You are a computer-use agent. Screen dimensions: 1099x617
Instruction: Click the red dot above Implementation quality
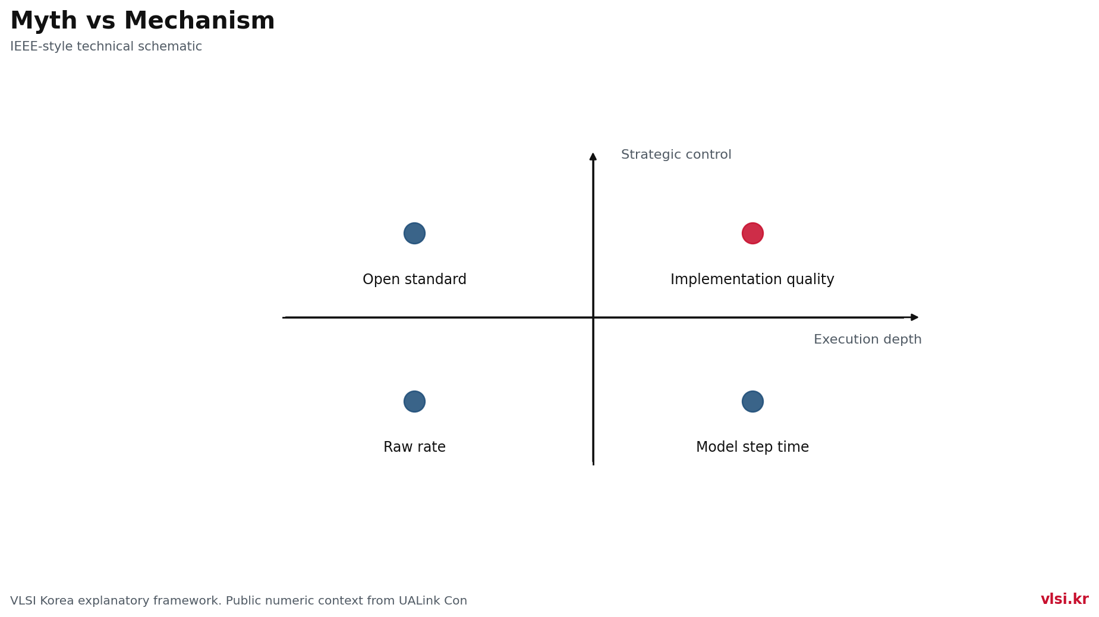[x=752, y=233]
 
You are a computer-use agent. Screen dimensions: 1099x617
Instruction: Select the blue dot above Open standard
[x=414, y=233]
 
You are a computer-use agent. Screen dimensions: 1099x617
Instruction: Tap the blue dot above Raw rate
[x=414, y=401]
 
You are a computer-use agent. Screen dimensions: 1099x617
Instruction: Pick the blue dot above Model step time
[x=752, y=401]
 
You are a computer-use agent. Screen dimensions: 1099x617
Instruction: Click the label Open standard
[x=414, y=279]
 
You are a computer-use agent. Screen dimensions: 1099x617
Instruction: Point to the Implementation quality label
[x=752, y=279]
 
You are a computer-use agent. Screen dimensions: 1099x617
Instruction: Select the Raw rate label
[x=414, y=447]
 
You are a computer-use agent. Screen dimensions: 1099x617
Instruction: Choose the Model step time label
[x=752, y=447]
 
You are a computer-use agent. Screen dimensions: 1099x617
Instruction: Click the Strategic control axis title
[x=676, y=155]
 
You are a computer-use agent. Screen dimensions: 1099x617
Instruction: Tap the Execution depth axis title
[x=868, y=339]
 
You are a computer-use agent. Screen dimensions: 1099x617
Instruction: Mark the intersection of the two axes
[x=593, y=317]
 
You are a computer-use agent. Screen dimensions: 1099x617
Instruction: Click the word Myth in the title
[x=44, y=21]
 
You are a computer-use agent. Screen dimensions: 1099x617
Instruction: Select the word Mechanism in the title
[x=199, y=21]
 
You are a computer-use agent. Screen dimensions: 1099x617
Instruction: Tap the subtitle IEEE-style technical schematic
[x=106, y=46]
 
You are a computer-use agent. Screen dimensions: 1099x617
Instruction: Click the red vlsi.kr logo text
[x=1065, y=599]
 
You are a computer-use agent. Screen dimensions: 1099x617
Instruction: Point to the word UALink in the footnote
[x=418, y=601]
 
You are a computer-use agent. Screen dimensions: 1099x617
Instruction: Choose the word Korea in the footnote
[x=58, y=601]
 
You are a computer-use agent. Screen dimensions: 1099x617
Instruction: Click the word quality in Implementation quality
[x=812, y=279]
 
